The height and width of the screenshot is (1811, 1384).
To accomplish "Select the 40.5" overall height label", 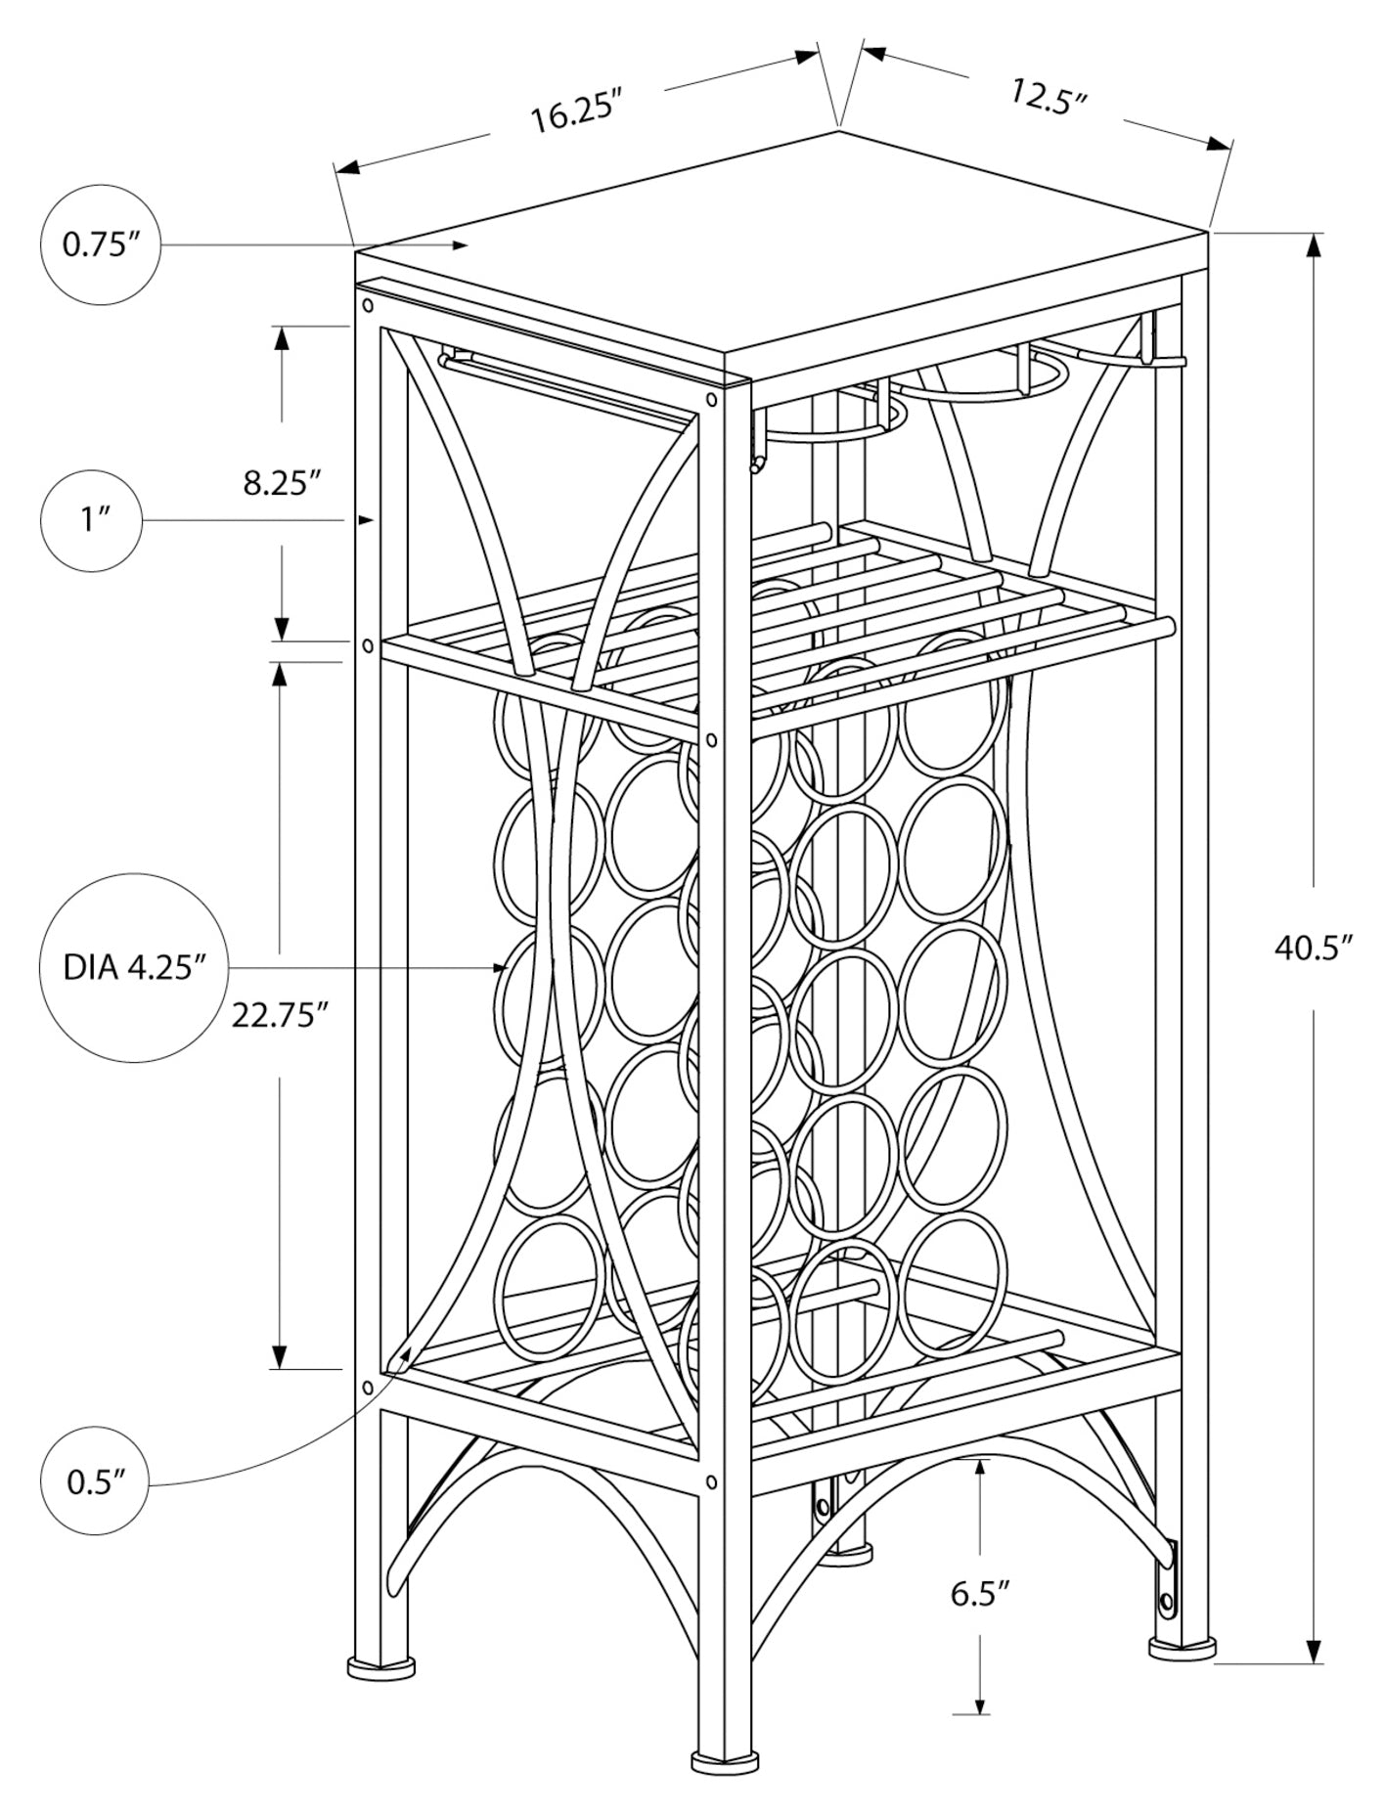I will [1313, 948].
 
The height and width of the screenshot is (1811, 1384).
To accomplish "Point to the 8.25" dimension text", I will [283, 483].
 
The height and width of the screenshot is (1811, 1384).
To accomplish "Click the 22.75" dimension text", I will [279, 1016].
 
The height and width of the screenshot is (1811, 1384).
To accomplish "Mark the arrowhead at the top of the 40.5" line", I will [1315, 246].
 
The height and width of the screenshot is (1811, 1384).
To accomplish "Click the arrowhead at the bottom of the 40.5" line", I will [1315, 1648].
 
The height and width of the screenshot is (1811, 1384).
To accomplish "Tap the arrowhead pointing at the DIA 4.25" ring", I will [502, 968].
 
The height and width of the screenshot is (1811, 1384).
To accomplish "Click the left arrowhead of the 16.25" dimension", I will [347, 168].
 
